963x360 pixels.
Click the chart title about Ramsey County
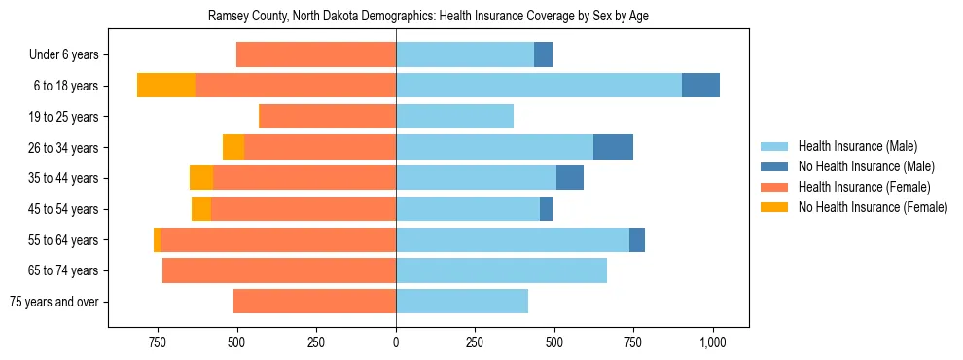[428, 17]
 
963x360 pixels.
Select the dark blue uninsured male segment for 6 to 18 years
[700, 86]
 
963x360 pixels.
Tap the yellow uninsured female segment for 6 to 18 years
[166, 86]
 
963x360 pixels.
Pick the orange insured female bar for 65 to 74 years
[279, 270]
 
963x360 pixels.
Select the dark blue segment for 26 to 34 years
[613, 147]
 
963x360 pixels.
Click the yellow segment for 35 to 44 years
[201, 178]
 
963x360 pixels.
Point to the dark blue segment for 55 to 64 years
[637, 239]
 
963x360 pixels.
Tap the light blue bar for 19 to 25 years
[454, 117]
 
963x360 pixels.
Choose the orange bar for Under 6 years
[316, 54]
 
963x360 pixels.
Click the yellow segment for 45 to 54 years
[201, 209]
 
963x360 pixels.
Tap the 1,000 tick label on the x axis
[713, 343]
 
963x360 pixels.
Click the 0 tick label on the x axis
[396, 343]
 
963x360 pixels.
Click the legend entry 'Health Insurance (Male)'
[857, 146]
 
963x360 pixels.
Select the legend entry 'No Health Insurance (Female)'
[872, 207]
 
